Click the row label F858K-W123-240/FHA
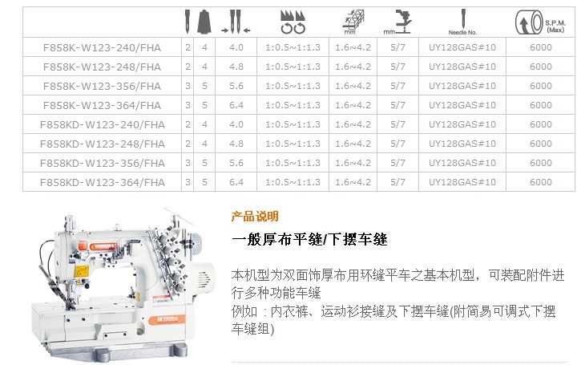(102, 47)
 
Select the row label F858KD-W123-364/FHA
(103, 182)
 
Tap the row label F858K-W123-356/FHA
(102, 86)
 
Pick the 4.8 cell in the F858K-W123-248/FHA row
(236, 67)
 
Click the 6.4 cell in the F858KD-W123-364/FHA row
(236, 182)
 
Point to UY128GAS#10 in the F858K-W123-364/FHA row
(462, 105)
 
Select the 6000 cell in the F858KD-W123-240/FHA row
(541, 124)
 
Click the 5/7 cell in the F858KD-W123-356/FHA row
(397, 163)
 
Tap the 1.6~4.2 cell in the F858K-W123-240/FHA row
(353, 47)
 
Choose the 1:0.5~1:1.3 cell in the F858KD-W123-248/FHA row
(293, 144)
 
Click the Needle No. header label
(462, 32)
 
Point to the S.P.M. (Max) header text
(555, 26)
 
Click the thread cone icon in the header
(204, 22)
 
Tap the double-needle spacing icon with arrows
(236, 22)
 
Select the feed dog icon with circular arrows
(293, 22)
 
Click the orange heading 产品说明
(255, 217)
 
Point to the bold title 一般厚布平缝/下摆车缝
(309, 239)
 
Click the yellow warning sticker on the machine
(82, 271)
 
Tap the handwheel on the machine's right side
(196, 241)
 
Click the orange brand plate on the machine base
(167, 319)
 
